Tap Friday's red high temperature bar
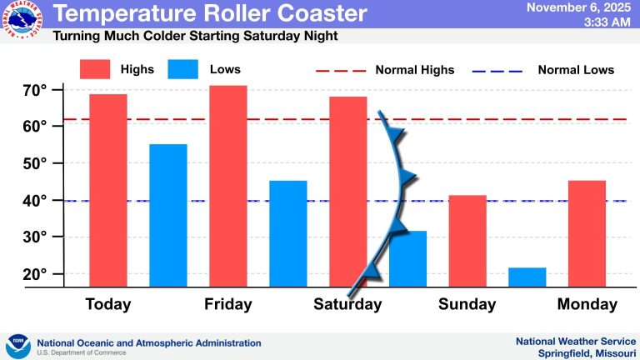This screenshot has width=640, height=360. pos(227,186)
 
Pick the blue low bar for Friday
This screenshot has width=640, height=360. pos(287,233)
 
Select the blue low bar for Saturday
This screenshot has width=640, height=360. pos(407,258)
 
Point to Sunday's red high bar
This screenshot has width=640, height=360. pos(467,241)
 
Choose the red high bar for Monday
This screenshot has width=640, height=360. pos(587,233)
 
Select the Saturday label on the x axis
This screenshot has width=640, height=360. pos(347,304)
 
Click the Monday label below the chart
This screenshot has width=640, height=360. pos(587,304)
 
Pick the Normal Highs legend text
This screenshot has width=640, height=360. pos(414,69)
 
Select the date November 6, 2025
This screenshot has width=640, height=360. pos(579,7)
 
